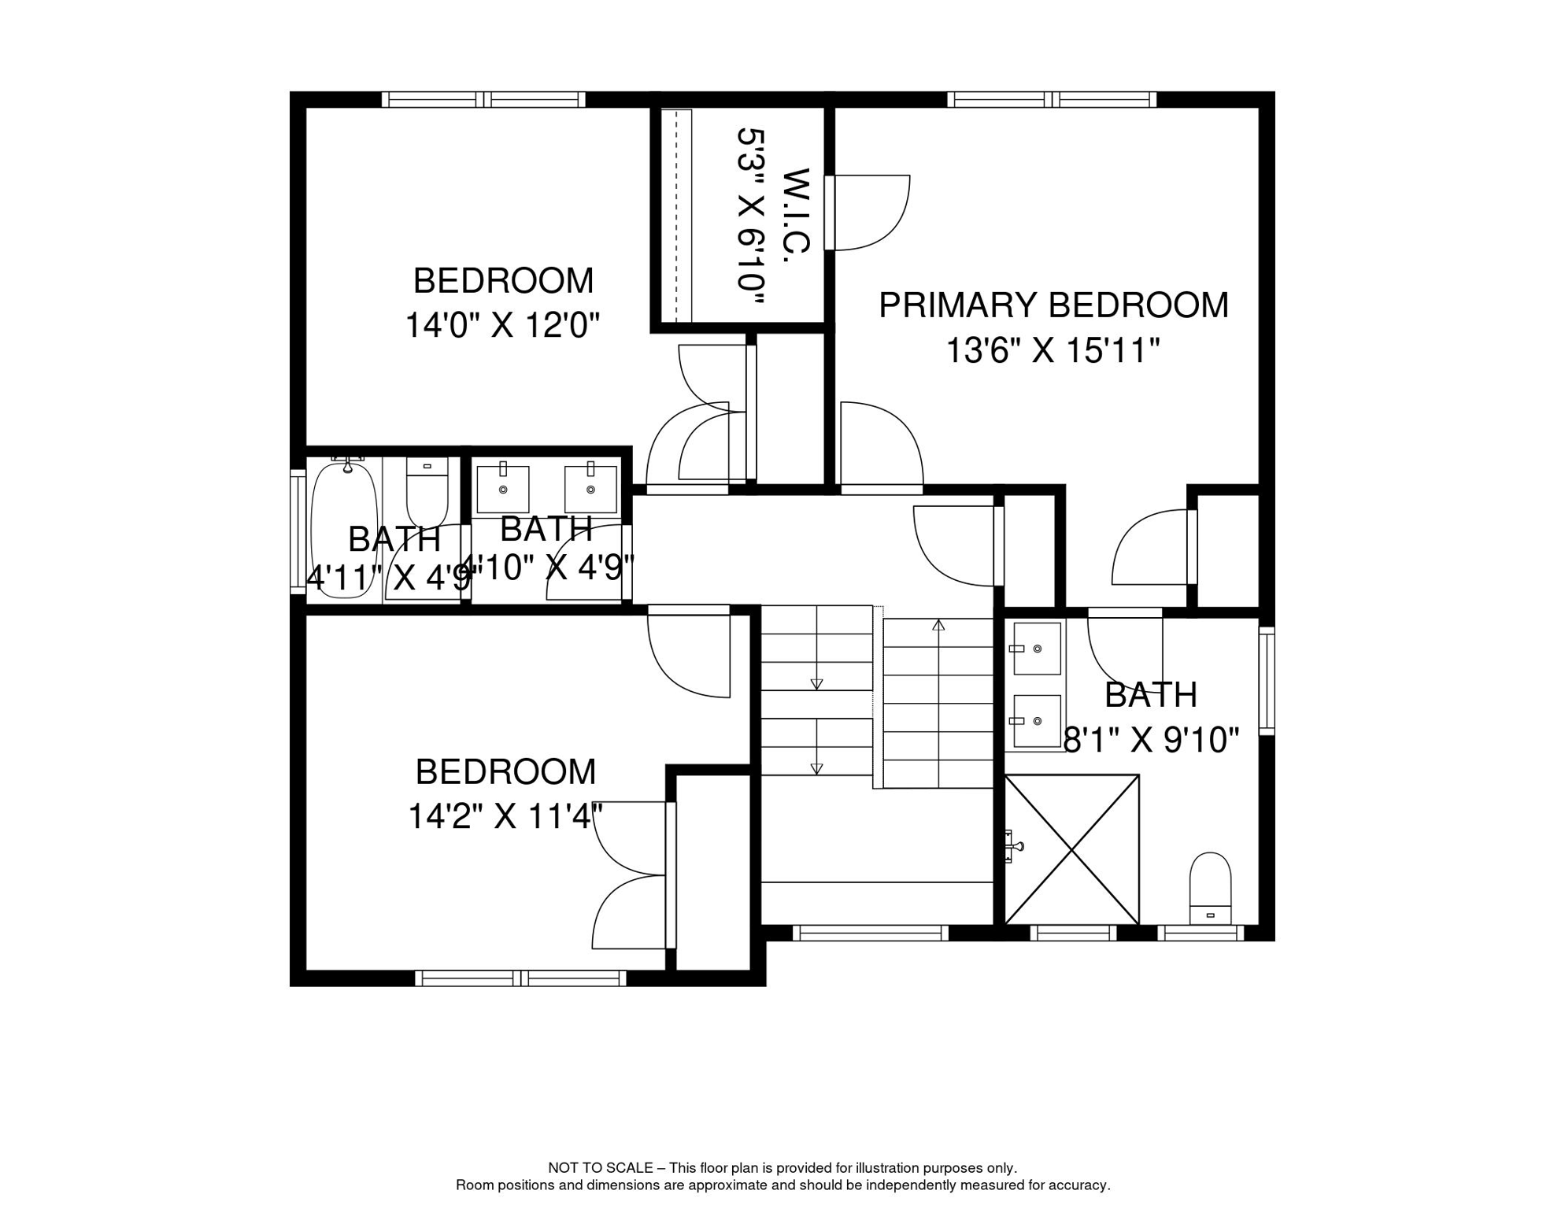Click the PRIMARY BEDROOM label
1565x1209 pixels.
[1053, 305]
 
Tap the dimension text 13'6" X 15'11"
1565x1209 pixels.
[1053, 350]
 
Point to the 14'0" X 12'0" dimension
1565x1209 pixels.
[502, 325]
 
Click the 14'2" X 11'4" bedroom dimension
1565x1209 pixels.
[505, 816]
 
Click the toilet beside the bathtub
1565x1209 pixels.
[427, 493]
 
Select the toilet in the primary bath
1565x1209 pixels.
[1210, 888]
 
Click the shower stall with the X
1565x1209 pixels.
[1072, 849]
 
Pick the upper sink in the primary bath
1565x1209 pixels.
[1036, 649]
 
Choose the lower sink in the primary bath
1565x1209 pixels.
[1036, 721]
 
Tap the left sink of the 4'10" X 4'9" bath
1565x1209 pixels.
[503, 488]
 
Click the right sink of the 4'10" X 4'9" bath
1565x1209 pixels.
[590, 488]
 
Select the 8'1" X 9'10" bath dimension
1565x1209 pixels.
[1151, 740]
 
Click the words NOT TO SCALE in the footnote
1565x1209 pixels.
[601, 1168]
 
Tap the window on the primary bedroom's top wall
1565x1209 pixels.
[1052, 100]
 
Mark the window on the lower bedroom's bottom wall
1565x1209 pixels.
[521, 978]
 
